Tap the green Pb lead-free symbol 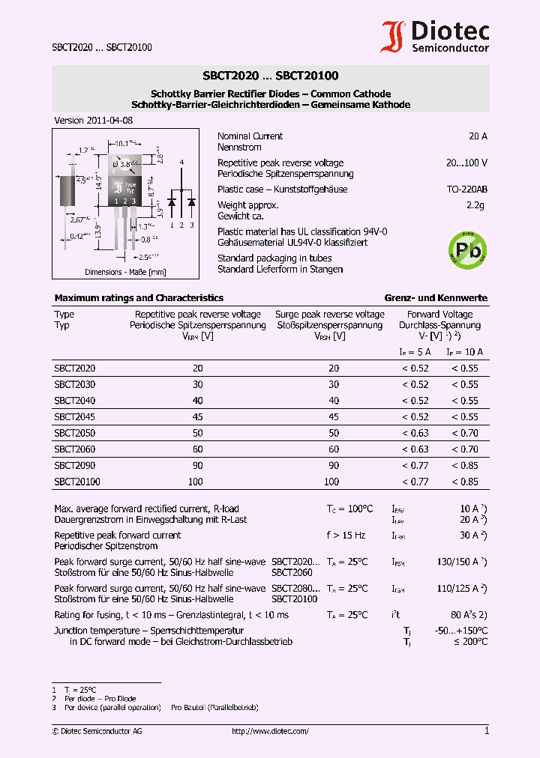467,249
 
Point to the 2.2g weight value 476,205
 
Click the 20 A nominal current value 478,136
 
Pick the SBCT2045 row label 74,416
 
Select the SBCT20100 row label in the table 76,482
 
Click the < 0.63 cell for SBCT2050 415,433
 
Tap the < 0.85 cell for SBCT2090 464,466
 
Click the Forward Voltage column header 439,315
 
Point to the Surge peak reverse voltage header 329,315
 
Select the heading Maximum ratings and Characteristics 139,298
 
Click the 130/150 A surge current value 458,562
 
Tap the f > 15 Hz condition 346,536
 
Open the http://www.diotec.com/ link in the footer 270,732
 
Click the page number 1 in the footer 486,731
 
